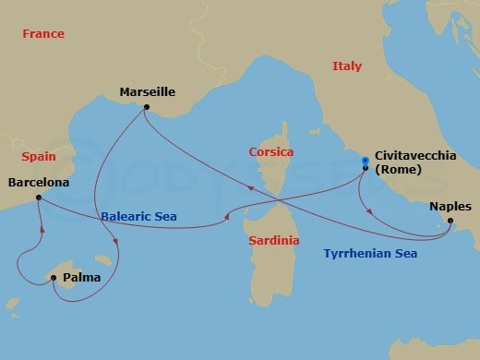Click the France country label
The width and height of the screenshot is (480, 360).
point(44,34)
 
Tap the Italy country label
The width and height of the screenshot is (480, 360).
point(347,66)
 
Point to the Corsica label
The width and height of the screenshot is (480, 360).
point(270,151)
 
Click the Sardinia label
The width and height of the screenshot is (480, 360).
point(272,241)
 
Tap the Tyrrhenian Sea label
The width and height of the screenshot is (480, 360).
point(369,253)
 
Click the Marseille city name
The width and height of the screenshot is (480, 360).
point(147,92)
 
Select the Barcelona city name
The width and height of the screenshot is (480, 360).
point(38,183)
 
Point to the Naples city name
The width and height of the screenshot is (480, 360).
point(450,207)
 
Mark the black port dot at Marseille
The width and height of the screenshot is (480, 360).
point(146,107)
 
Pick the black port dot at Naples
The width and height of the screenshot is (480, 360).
point(449,222)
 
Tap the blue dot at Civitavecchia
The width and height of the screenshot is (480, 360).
point(366,160)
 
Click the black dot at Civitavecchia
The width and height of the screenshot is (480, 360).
point(366,168)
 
